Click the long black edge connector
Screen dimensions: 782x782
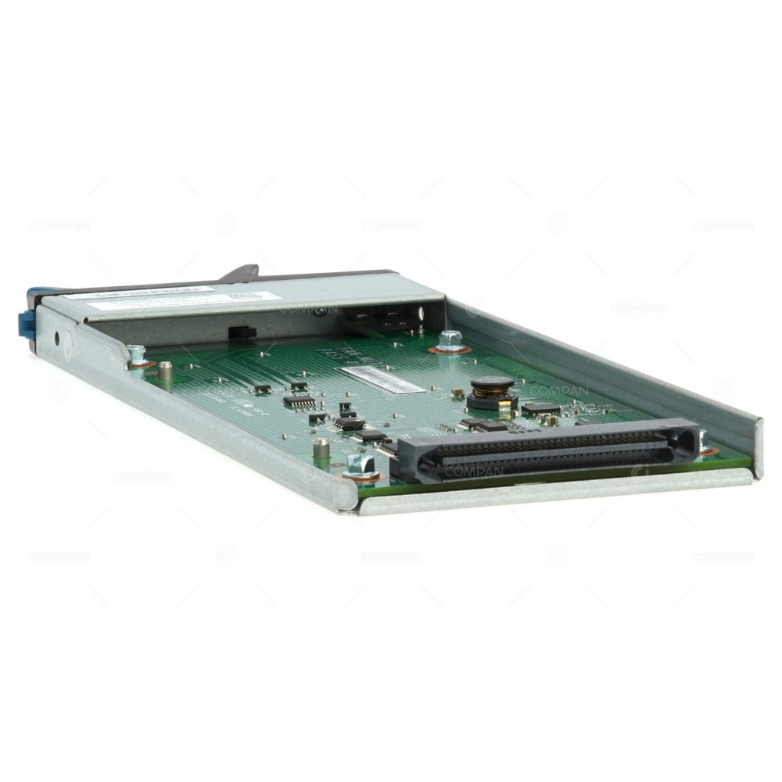tap(547, 451)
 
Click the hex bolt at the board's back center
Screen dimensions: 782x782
tap(450, 340)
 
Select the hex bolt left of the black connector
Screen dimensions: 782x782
tap(361, 466)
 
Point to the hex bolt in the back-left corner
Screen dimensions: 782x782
tap(137, 354)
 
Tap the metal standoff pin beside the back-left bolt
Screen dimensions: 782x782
tap(166, 369)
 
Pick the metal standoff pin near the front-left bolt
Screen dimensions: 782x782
tap(321, 448)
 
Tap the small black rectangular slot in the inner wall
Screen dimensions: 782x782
tap(242, 332)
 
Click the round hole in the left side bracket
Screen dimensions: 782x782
tap(56, 340)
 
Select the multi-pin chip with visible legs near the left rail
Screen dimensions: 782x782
tap(300, 403)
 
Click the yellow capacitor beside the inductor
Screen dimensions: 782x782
tap(508, 404)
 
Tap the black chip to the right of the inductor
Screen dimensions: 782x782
tap(540, 408)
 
